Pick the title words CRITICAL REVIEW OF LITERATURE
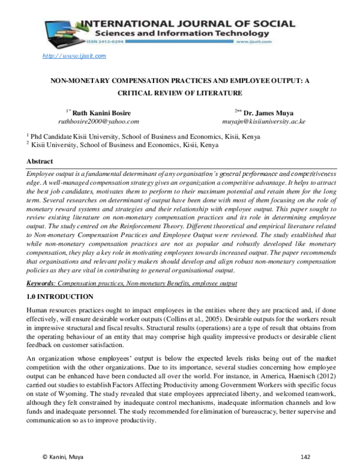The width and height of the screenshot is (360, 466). [x=179, y=92]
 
